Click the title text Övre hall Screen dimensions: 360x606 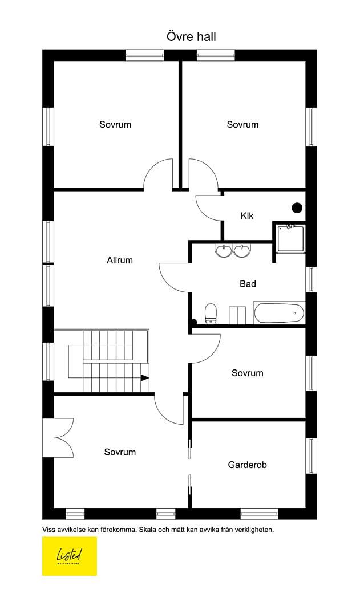tap(191, 36)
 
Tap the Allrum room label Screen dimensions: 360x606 tap(119, 260)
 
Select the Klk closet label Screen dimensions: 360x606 tap(247, 215)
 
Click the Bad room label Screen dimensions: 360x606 tap(248, 284)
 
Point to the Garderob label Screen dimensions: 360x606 tap(247, 465)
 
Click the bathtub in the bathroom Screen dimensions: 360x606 tap(279, 312)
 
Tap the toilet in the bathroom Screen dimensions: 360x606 tap(211, 314)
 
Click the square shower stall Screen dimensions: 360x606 tap(290, 238)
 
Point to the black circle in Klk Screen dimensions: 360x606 tap(297, 208)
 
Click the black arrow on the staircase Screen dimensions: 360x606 tap(144, 378)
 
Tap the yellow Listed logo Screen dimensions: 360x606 tap(70, 556)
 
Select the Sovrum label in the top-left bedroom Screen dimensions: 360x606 tap(115, 124)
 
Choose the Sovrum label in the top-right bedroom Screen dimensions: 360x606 tap(242, 124)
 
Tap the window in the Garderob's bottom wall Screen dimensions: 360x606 tap(260, 514)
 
